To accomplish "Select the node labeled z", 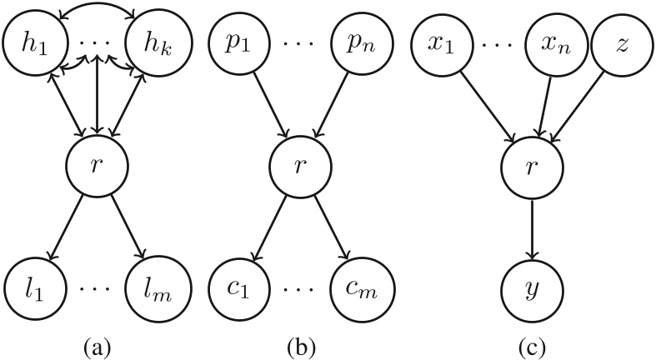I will point(620,39).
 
